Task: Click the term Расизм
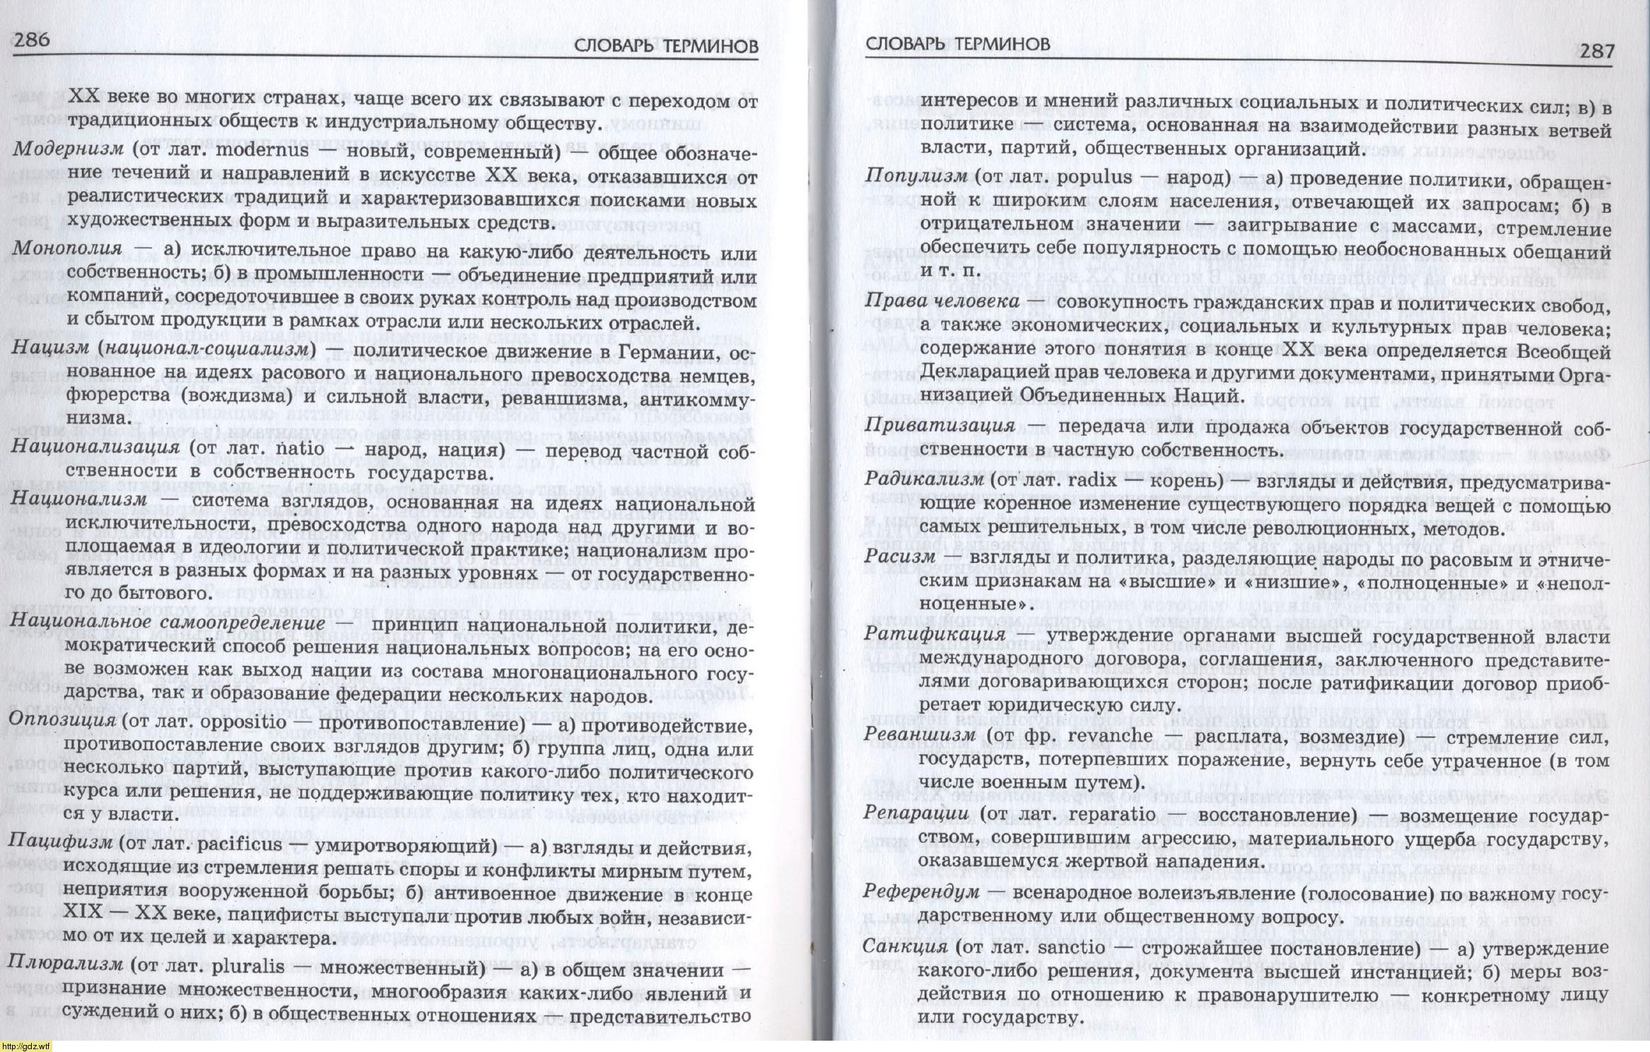coord(899,556)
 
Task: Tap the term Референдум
coord(921,892)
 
